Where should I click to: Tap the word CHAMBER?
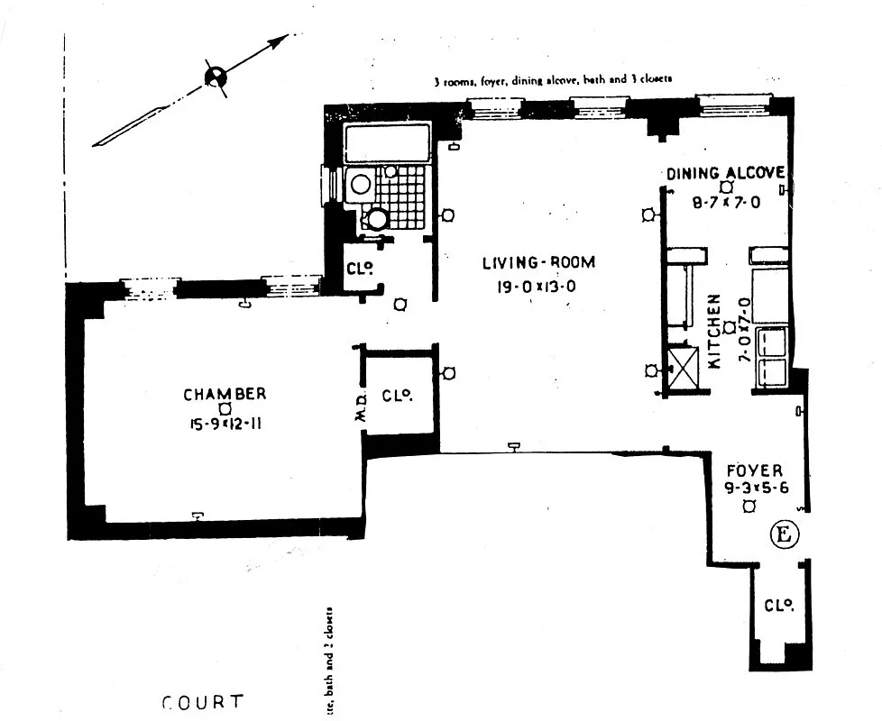point(225,394)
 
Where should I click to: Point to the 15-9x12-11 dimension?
point(225,424)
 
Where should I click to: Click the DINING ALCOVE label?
point(726,173)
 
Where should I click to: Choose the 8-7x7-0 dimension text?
point(727,203)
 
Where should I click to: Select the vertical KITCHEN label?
point(714,332)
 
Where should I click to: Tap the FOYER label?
point(755,470)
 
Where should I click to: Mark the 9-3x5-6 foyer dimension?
point(755,488)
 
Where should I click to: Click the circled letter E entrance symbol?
point(784,534)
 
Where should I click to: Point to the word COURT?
point(203,702)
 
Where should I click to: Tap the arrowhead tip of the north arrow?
point(290,36)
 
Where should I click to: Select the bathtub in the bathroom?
point(388,144)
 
